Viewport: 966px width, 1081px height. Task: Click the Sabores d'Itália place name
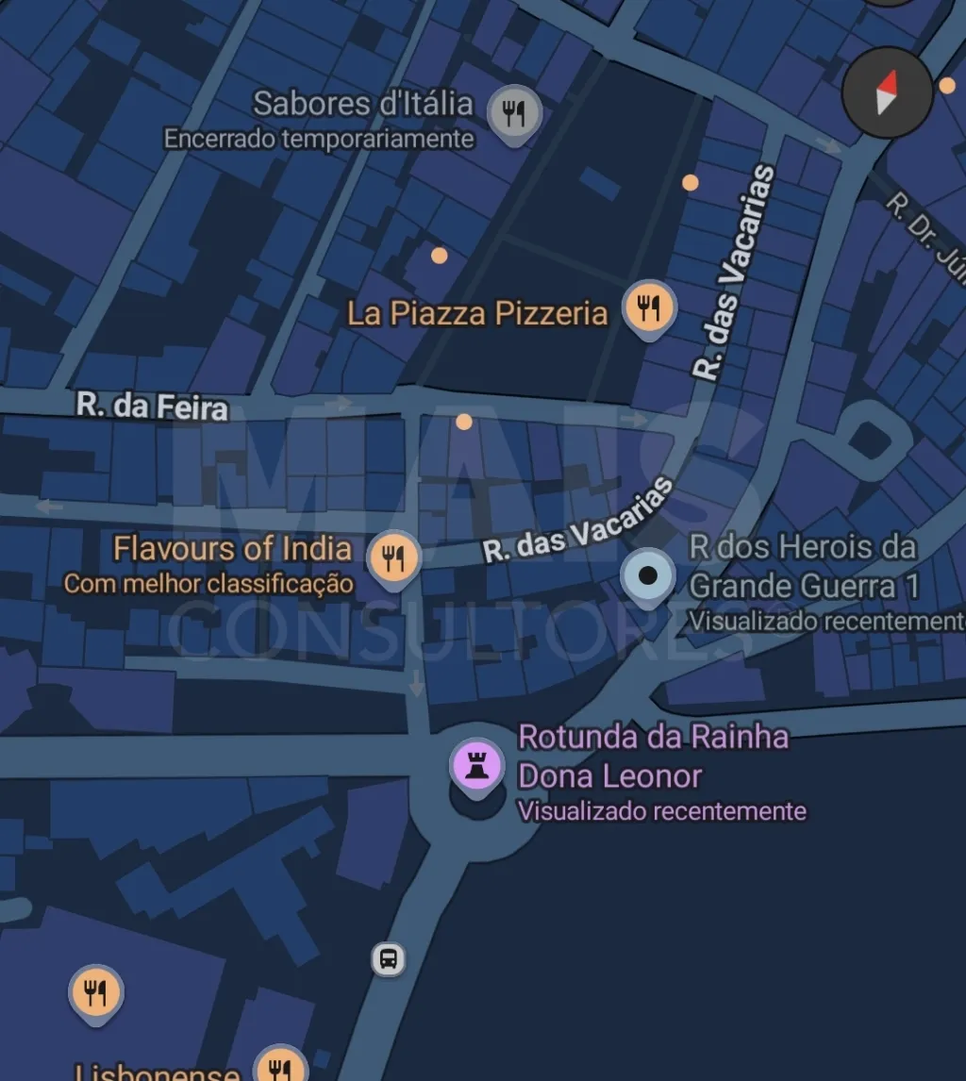coord(363,104)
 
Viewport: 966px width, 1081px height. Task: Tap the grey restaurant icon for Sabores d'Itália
coord(514,114)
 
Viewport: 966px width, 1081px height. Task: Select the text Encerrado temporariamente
coord(319,140)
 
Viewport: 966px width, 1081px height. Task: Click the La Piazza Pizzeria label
coord(477,313)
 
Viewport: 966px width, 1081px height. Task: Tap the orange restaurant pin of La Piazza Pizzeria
coord(649,307)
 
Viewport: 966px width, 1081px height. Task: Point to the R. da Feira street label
coord(152,407)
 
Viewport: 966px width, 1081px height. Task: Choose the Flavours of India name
coord(232,548)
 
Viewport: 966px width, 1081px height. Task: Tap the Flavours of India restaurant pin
coord(394,557)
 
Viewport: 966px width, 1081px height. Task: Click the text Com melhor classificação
coord(208,584)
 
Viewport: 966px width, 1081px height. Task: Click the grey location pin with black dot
coord(648,574)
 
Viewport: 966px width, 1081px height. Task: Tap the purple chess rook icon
coord(477,764)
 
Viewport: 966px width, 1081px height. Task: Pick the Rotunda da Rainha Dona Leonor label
coord(653,756)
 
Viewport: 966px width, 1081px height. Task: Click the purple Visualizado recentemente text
coord(662,811)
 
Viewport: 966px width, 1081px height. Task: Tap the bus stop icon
coord(388,959)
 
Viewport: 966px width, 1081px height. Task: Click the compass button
coord(887,91)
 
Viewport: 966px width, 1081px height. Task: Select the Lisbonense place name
coord(157,1072)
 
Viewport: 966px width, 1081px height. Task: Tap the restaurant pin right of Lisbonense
coord(281,1066)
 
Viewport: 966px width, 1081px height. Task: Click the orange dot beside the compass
coord(947,86)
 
